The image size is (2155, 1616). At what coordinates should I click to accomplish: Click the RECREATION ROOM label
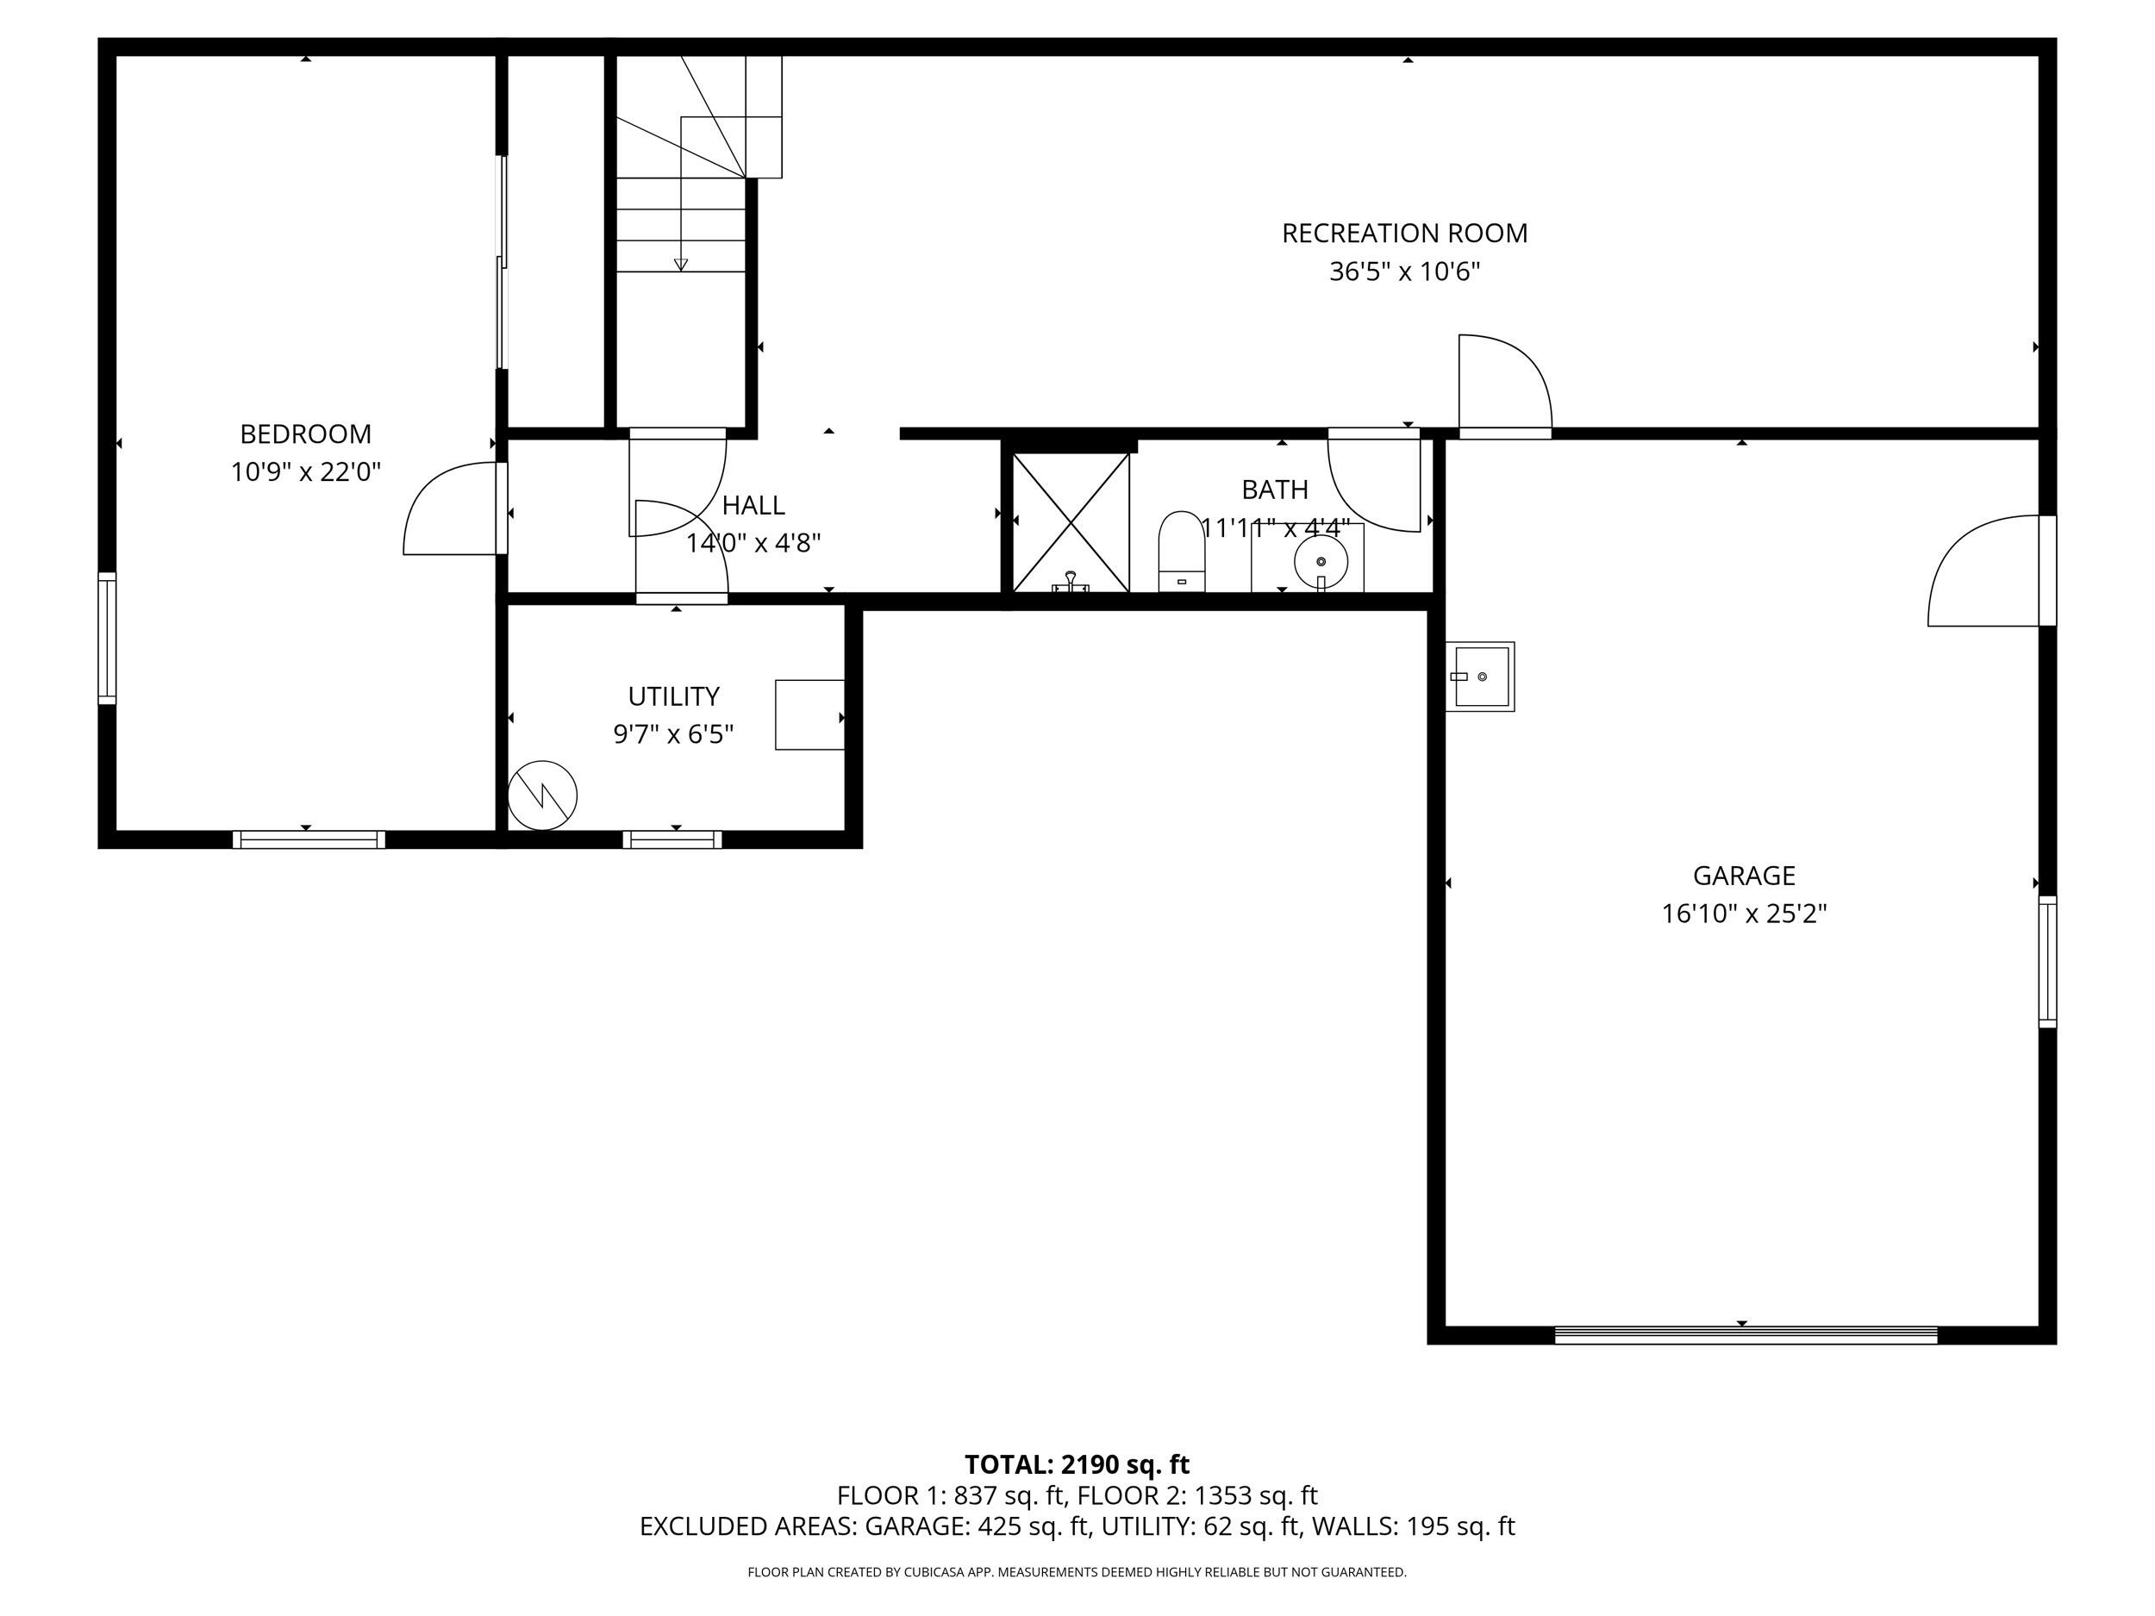(x=1404, y=234)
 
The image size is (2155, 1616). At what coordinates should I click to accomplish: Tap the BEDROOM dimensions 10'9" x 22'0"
(x=306, y=472)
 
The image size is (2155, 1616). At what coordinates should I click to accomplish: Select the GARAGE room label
(x=1744, y=876)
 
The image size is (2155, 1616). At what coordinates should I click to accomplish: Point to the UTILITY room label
(x=673, y=696)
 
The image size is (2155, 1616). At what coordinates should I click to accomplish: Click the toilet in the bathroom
(x=1182, y=552)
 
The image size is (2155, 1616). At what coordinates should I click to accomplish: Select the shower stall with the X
(x=1071, y=523)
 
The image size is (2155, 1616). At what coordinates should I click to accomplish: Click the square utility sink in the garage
(x=1480, y=677)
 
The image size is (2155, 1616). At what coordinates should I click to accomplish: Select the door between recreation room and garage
(x=1505, y=384)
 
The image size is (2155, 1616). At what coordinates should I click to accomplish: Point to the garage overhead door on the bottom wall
(x=1746, y=1334)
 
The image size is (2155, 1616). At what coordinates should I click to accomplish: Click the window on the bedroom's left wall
(x=107, y=638)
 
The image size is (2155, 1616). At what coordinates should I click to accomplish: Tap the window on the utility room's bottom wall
(x=672, y=839)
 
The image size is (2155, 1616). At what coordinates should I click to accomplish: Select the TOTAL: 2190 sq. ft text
(x=1077, y=1465)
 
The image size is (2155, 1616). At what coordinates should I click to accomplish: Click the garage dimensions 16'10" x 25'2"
(x=1744, y=914)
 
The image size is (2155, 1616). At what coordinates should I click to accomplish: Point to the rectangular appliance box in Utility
(x=809, y=715)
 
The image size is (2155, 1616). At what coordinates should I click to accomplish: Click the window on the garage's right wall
(x=2048, y=962)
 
